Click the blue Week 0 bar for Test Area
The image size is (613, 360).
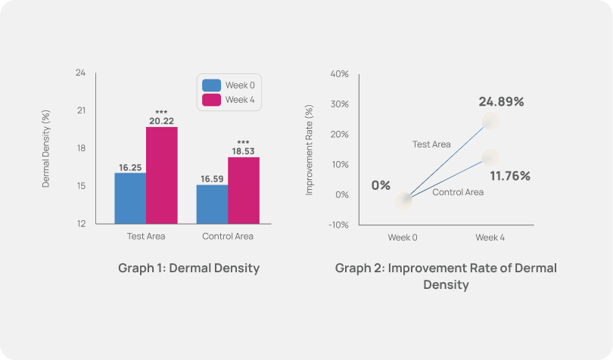pos(130,198)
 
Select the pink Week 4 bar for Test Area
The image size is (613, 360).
pos(162,175)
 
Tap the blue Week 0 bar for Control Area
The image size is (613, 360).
pos(212,204)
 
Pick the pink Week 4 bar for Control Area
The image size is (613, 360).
pos(244,191)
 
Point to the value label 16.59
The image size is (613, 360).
pos(213,179)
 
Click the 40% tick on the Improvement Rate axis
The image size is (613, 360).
pos(339,74)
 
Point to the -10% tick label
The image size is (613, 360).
pos(338,225)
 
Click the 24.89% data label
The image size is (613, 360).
pos(501,101)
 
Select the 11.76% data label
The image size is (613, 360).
pos(510,176)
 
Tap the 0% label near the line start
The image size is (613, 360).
pos(381,186)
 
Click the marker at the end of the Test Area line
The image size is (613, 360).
pos(490,121)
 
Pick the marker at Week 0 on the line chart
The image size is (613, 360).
pos(404,200)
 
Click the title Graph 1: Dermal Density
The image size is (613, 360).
pos(188,268)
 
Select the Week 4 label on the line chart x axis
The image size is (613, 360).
pos(490,237)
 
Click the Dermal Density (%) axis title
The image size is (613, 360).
pos(46,149)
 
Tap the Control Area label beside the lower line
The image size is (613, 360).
pos(458,192)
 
